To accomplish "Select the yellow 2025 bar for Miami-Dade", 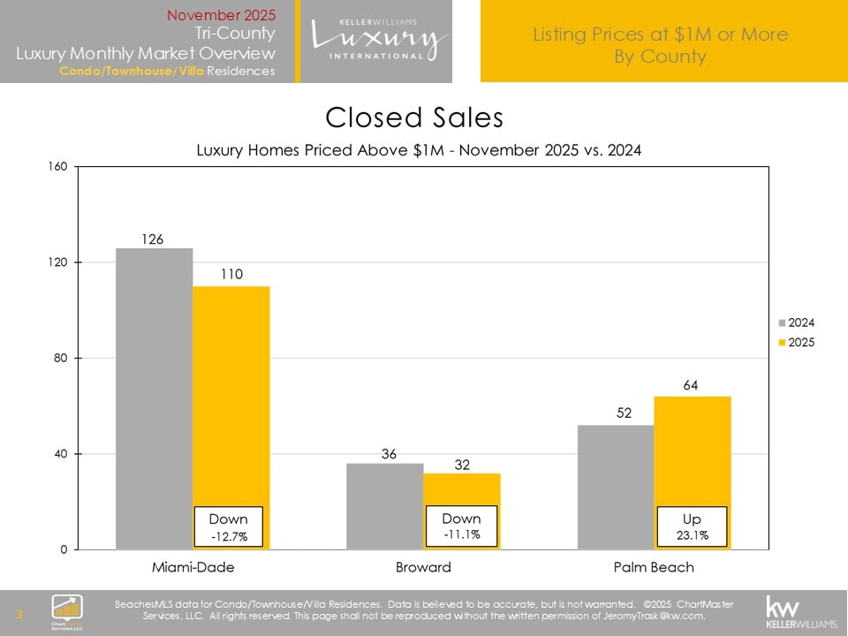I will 231,397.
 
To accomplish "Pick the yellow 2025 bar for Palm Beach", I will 693,450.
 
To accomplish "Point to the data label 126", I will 154,238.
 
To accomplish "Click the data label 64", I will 692,387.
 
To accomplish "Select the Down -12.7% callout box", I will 229,526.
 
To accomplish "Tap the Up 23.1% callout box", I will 692,526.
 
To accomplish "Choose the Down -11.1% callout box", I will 461,526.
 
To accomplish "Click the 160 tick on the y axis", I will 60,167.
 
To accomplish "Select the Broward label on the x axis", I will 423,567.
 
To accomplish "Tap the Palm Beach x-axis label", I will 654,567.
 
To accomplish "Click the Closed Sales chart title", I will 414,117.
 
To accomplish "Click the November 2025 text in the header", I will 221,15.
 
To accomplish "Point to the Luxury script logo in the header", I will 378,40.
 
